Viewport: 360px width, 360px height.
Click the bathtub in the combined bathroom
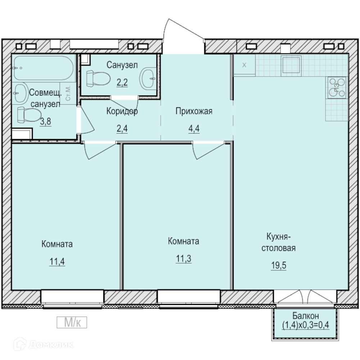click(x=44, y=68)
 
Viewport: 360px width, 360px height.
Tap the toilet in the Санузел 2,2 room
click(x=98, y=78)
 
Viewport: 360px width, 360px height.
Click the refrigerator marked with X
click(x=244, y=65)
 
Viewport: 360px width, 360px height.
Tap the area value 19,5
click(x=279, y=265)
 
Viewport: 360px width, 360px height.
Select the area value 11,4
click(x=57, y=261)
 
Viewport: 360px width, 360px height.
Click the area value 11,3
click(x=184, y=259)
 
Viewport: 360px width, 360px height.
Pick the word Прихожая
click(x=194, y=111)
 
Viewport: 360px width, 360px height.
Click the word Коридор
click(x=122, y=111)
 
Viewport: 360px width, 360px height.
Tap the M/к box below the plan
click(x=72, y=322)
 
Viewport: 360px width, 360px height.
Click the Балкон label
click(x=306, y=316)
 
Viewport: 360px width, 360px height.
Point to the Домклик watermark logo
click(x=44, y=345)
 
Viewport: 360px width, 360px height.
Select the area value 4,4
click(x=194, y=129)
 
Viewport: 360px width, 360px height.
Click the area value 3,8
click(x=45, y=121)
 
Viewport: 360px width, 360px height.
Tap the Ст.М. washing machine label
click(x=68, y=94)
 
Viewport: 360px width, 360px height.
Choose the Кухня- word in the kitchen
click(x=279, y=237)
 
